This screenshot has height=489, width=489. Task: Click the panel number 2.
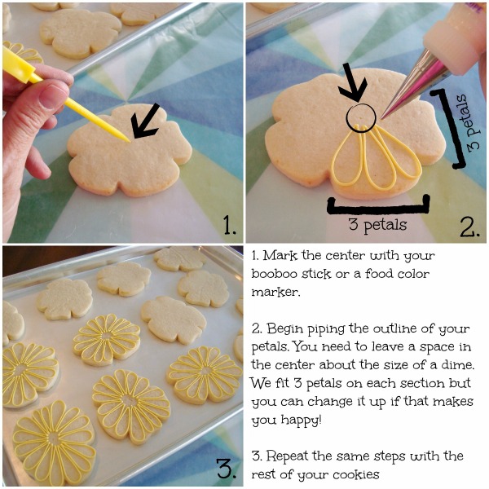tap(469, 224)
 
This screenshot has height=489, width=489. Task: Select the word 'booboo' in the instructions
tap(281, 274)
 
